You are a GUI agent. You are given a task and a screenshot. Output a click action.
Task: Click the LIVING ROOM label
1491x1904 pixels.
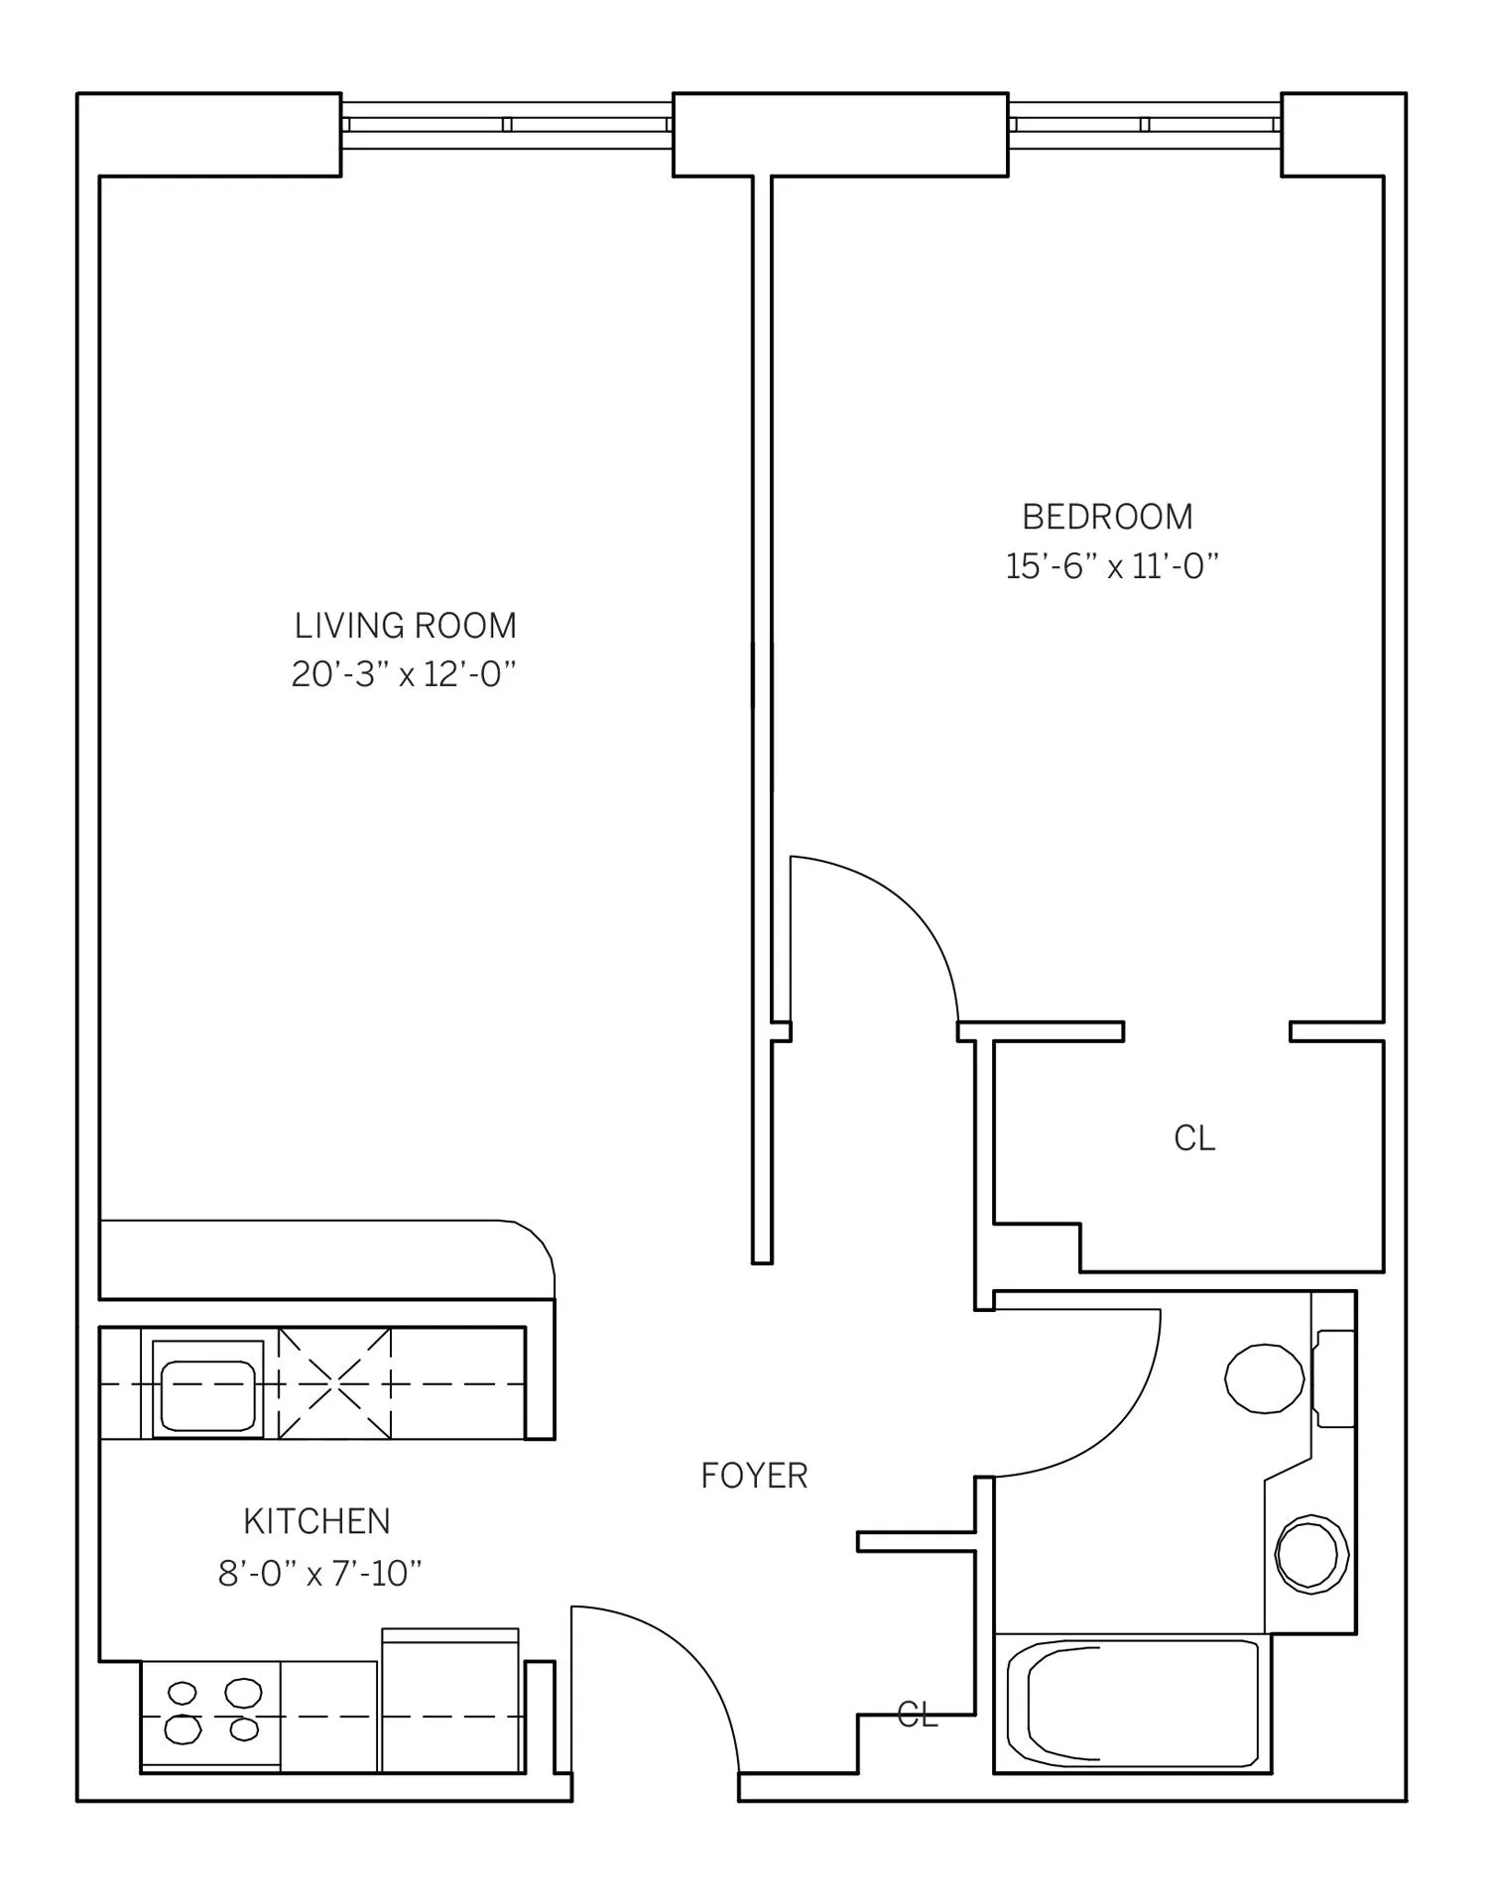[405, 626]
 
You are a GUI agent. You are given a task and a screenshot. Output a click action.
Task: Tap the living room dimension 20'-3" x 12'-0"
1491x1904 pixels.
[404, 675]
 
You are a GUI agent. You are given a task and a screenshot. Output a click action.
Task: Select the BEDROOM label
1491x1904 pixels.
[1107, 517]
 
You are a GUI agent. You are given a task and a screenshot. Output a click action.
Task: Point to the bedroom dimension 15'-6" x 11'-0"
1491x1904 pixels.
[1111, 566]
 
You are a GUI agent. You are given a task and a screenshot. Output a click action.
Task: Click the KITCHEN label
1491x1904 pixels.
[316, 1521]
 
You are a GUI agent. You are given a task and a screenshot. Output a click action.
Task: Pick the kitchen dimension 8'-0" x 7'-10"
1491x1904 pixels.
[319, 1573]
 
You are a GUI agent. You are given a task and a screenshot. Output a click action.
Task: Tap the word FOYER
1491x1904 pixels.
[754, 1476]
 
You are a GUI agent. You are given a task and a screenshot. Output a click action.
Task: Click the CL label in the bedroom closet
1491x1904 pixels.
[1194, 1138]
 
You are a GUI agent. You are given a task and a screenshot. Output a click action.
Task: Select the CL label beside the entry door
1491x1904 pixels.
[917, 1715]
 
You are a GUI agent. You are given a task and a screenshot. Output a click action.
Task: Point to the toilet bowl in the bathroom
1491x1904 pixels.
[1265, 1378]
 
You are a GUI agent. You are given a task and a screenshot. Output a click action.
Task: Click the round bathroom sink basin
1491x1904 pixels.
[1310, 1555]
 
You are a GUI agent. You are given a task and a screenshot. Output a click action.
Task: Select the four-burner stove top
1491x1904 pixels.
[210, 1716]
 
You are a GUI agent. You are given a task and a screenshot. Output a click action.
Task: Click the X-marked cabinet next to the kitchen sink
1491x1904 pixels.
[334, 1382]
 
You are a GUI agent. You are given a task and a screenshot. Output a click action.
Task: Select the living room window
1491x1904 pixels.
[507, 125]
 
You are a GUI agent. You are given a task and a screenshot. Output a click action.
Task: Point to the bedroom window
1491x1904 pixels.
[1145, 125]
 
